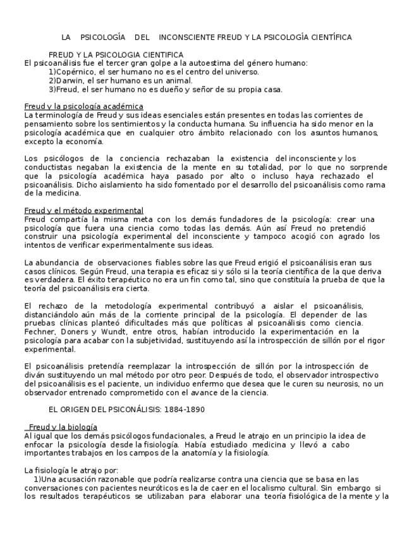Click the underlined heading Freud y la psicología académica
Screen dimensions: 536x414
(83, 106)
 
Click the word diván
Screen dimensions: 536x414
(35, 375)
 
